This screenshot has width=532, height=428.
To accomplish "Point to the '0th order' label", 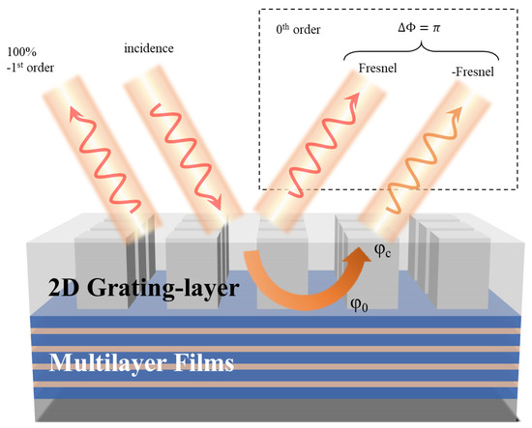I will pos(296,29).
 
